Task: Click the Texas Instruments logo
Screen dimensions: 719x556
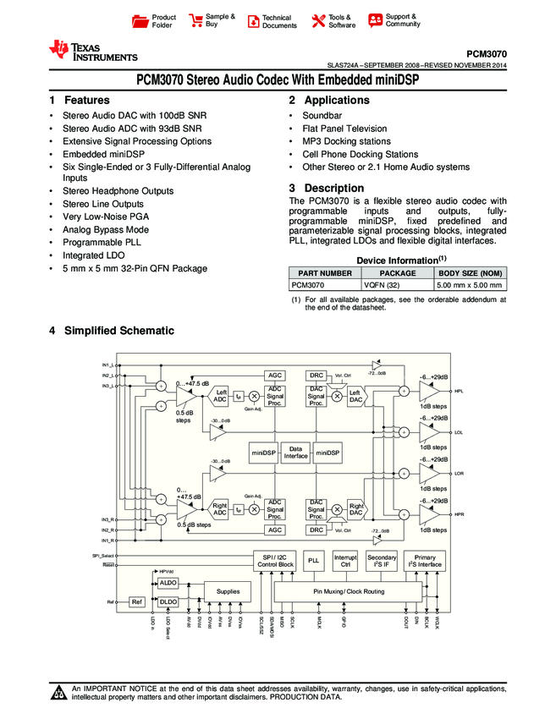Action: tap(93, 52)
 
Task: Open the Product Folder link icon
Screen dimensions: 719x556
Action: tap(141, 21)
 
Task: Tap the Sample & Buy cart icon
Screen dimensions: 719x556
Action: tap(195, 21)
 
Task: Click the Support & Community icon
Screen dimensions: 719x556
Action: tap(375, 20)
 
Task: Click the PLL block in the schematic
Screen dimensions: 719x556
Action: tap(313, 561)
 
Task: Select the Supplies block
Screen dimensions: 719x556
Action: tap(228, 591)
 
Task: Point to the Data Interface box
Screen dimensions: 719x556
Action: tap(295, 453)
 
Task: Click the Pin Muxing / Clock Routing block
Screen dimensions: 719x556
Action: tap(348, 591)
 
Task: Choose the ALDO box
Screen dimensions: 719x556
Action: tap(168, 583)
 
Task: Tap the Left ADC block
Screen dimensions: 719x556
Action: tap(219, 395)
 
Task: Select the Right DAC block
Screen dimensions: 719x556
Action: tap(356, 508)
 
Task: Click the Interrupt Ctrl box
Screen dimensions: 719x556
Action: tap(345, 561)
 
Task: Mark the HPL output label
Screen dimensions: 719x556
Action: tap(459, 392)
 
